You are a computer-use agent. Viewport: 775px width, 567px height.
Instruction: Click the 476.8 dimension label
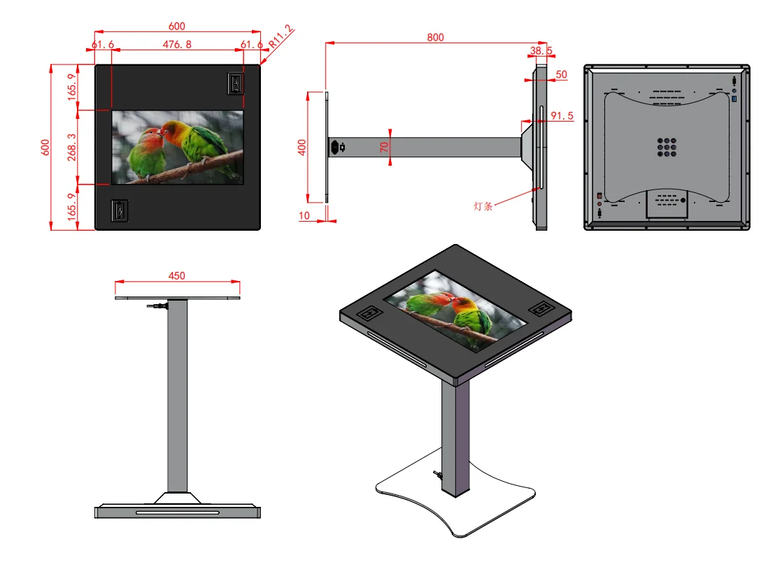pyautogui.click(x=177, y=45)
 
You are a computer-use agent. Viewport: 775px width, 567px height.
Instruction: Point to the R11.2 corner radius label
pyautogui.click(x=280, y=36)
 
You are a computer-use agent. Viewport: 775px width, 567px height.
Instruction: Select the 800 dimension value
pyautogui.click(x=436, y=38)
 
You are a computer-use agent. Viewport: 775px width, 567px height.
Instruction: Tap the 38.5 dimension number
pyautogui.click(x=541, y=50)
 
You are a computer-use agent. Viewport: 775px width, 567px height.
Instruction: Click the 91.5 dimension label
pyautogui.click(x=562, y=115)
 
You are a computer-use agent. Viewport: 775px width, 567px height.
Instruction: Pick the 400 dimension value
pyautogui.click(x=302, y=148)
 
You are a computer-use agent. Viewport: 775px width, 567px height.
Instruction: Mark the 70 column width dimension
pyautogui.click(x=384, y=148)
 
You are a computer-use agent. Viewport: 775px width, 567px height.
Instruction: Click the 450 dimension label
pyautogui.click(x=176, y=275)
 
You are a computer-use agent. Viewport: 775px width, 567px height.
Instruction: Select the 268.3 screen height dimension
pyautogui.click(x=72, y=148)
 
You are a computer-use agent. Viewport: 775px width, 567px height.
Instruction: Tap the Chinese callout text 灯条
pyautogui.click(x=483, y=206)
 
